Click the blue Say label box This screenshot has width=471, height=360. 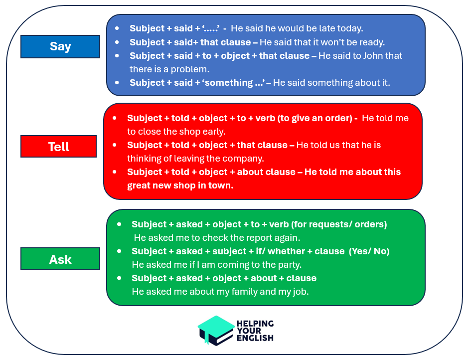(60, 46)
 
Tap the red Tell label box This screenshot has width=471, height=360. (59, 147)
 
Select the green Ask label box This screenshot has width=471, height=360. (60, 259)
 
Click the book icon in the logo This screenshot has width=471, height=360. (216, 330)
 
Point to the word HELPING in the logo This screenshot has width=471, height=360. (255, 323)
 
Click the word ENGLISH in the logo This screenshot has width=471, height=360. (255, 338)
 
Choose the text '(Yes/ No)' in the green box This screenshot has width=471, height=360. (369, 251)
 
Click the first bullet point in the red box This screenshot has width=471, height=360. (115, 118)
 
